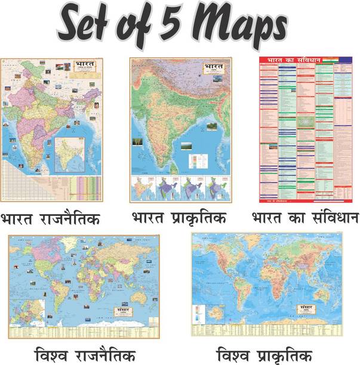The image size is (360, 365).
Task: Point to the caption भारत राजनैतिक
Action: point(51,220)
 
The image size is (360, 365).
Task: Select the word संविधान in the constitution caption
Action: point(330,219)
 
